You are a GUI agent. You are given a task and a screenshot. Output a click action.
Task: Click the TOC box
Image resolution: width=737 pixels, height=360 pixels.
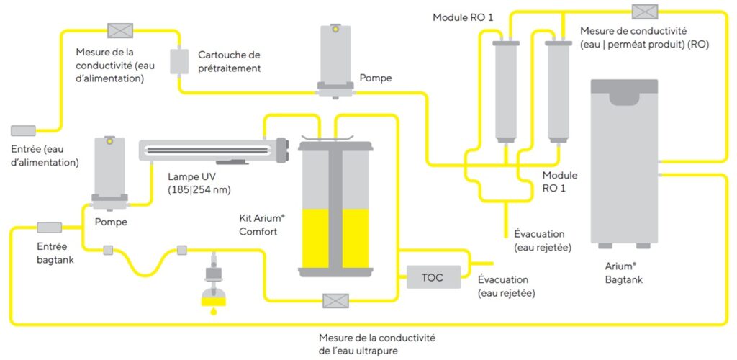tap(433, 277)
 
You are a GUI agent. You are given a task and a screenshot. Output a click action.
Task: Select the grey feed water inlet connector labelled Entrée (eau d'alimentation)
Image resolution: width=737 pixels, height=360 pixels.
tap(23, 130)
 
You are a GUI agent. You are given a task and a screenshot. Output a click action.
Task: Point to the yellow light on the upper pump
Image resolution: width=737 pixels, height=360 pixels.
tap(335, 30)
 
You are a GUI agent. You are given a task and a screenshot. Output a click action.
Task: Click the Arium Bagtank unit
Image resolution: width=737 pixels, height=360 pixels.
tap(623, 162)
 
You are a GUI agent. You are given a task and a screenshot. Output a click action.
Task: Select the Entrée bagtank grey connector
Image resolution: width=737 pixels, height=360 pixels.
tap(50, 228)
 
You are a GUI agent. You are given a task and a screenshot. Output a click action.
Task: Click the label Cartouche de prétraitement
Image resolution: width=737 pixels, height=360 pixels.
tap(229, 61)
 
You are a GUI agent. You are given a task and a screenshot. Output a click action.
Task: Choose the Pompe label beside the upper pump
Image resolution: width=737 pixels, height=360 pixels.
tap(376, 78)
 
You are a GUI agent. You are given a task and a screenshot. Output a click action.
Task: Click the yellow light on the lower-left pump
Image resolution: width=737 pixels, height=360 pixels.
tap(109, 142)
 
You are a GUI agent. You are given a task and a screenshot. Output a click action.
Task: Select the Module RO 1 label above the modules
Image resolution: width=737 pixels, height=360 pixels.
tap(463, 17)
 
